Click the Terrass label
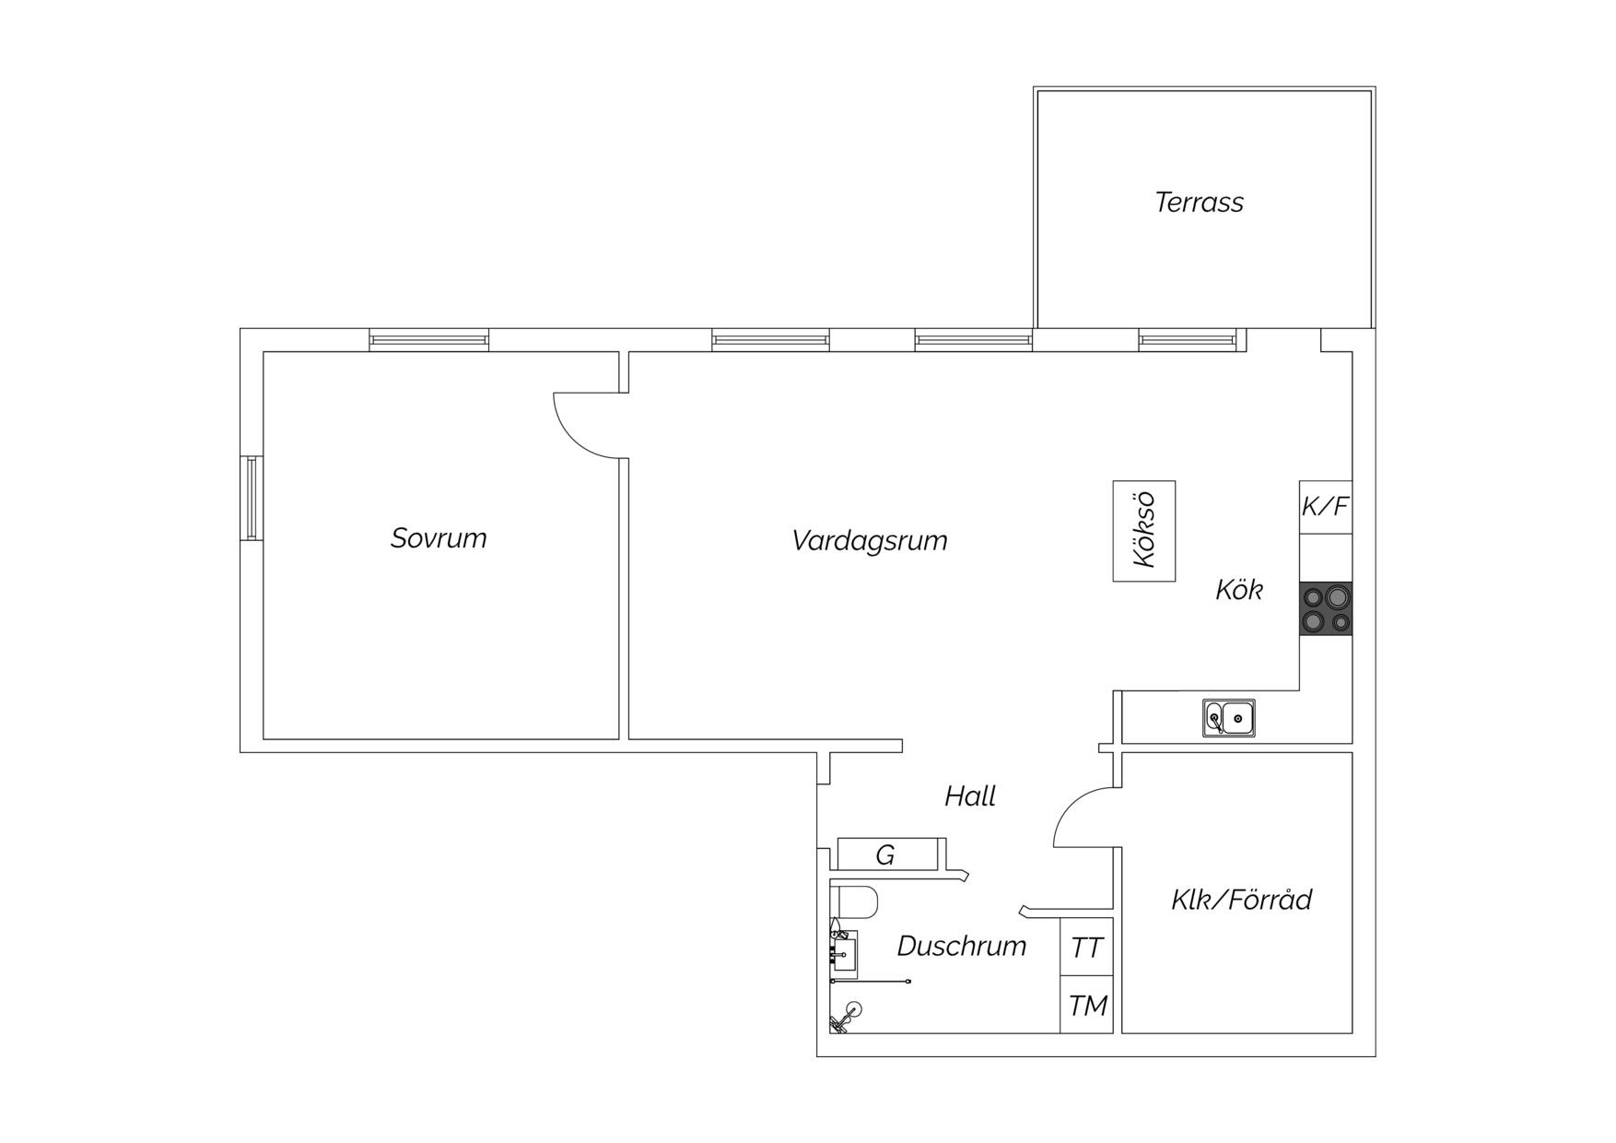coord(1199,202)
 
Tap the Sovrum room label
coord(439,538)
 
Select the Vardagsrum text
coord(870,540)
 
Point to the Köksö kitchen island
coord(1144,531)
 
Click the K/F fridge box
coord(1326,507)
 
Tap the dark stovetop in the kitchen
coord(1326,608)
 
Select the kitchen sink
coord(1228,718)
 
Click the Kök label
coord(1239,590)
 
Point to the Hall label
coord(970,796)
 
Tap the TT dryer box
coord(1087,947)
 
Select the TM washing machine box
coord(1087,1005)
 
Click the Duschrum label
coord(962,946)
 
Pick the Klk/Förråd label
coord(1241,900)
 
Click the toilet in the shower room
coord(853,902)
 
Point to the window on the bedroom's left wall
coord(252,498)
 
